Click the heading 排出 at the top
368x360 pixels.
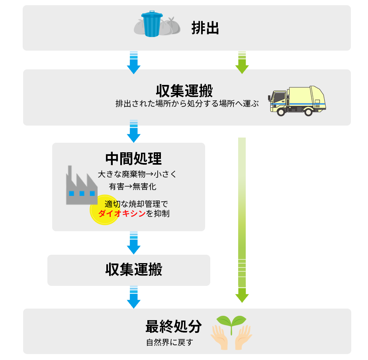click(205, 28)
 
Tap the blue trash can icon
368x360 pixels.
click(152, 24)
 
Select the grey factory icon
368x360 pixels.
click(81, 186)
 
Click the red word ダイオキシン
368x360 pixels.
click(121, 214)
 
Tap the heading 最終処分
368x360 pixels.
click(173, 327)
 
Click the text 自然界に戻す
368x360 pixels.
click(169, 342)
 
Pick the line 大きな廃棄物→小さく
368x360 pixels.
click(137, 174)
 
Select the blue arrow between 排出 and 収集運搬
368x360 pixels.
click(133, 62)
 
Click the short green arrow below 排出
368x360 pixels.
click(242, 62)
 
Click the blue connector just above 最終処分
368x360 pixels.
click(133, 297)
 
